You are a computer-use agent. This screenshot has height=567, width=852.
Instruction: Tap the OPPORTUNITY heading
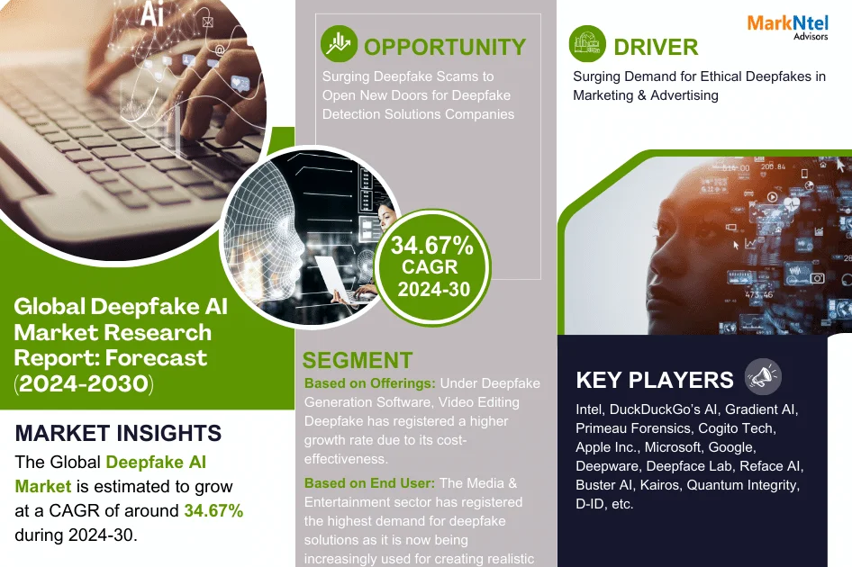pyautogui.click(x=444, y=47)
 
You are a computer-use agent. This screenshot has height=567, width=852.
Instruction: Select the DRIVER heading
pyautogui.click(x=656, y=47)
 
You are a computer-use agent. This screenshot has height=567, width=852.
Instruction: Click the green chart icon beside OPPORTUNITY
pyautogui.click(x=340, y=44)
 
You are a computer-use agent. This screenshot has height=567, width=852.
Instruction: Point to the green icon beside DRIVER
pyautogui.click(x=587, y=44)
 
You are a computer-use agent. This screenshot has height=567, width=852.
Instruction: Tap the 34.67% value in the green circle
pyautogui.click(x=431, y=244)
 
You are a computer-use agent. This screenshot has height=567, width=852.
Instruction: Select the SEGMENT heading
pyautogui.click(x=358, y=360)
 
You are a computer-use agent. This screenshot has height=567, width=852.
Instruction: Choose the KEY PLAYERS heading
pyautogui.click(x=655, y=380)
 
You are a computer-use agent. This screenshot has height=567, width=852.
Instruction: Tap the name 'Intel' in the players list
pyautogui.click(x=590, y=409)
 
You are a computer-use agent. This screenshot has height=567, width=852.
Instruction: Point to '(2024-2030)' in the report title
pyautogui.click(x=84, y=383)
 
